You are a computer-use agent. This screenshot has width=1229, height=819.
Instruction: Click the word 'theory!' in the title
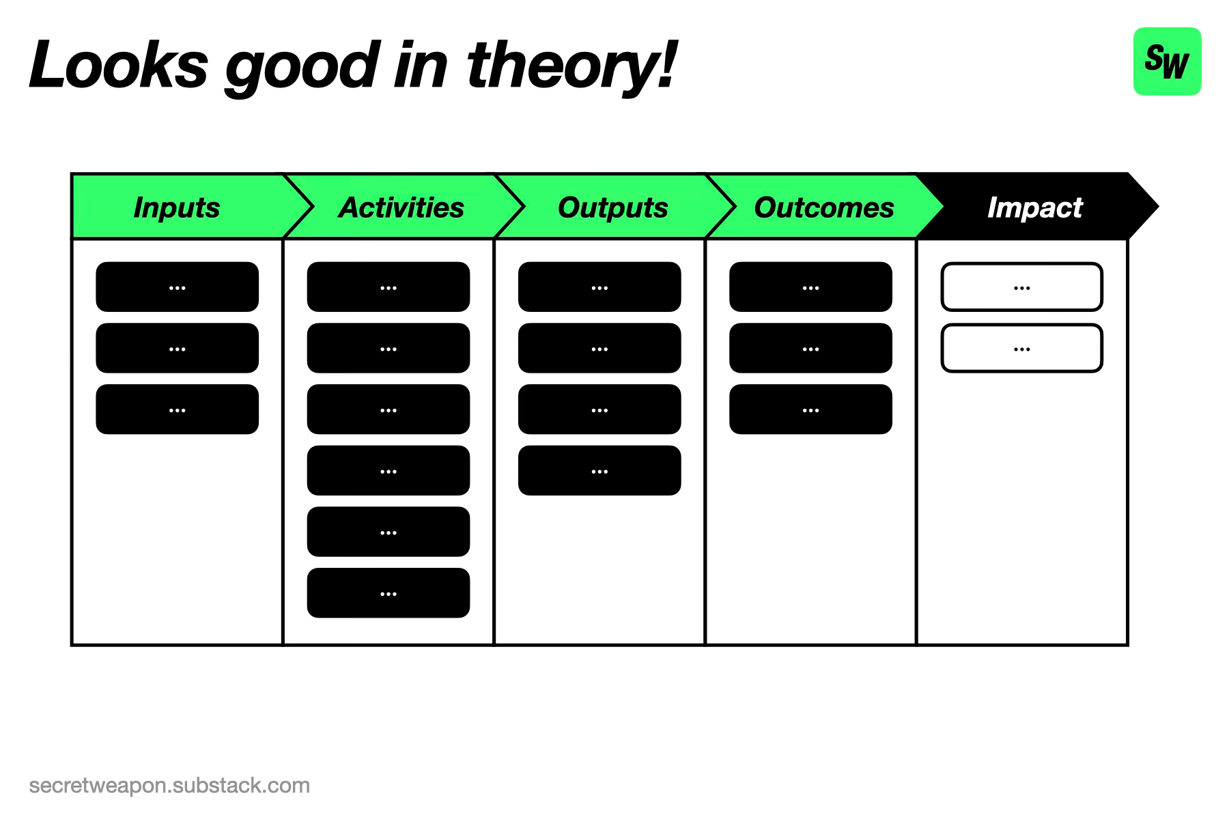(571, 66)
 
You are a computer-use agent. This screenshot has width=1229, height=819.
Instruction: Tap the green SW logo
(1167, 61)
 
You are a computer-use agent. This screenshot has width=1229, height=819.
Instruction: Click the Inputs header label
(177, 207)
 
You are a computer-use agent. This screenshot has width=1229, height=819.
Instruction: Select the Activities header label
(401, 207)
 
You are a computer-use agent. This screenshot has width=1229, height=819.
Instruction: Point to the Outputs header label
(612, 207)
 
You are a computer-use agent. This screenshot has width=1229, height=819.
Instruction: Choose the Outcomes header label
(824, 207)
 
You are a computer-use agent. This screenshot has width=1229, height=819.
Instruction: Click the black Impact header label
(1035, 207)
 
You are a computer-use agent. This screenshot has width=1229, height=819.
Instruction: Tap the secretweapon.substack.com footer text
(169, 786)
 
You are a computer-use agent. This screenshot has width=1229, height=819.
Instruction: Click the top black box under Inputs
(178, 287)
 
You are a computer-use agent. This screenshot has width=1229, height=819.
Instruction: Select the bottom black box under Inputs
(178, 409)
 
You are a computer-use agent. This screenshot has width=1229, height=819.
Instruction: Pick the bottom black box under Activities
(389, 593)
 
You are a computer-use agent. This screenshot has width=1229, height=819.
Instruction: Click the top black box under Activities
(389, 287)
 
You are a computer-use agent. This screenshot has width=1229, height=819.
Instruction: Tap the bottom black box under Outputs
(599, 471)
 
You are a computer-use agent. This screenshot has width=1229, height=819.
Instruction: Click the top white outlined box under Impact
(1022, 287)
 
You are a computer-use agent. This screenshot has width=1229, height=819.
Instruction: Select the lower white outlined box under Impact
(1022, 348)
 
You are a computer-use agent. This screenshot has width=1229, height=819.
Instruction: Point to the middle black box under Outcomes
(810, 348)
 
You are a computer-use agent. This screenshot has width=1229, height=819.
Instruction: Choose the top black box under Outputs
(599, 287)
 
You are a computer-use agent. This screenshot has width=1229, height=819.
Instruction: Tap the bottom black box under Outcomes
(810, 409)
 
